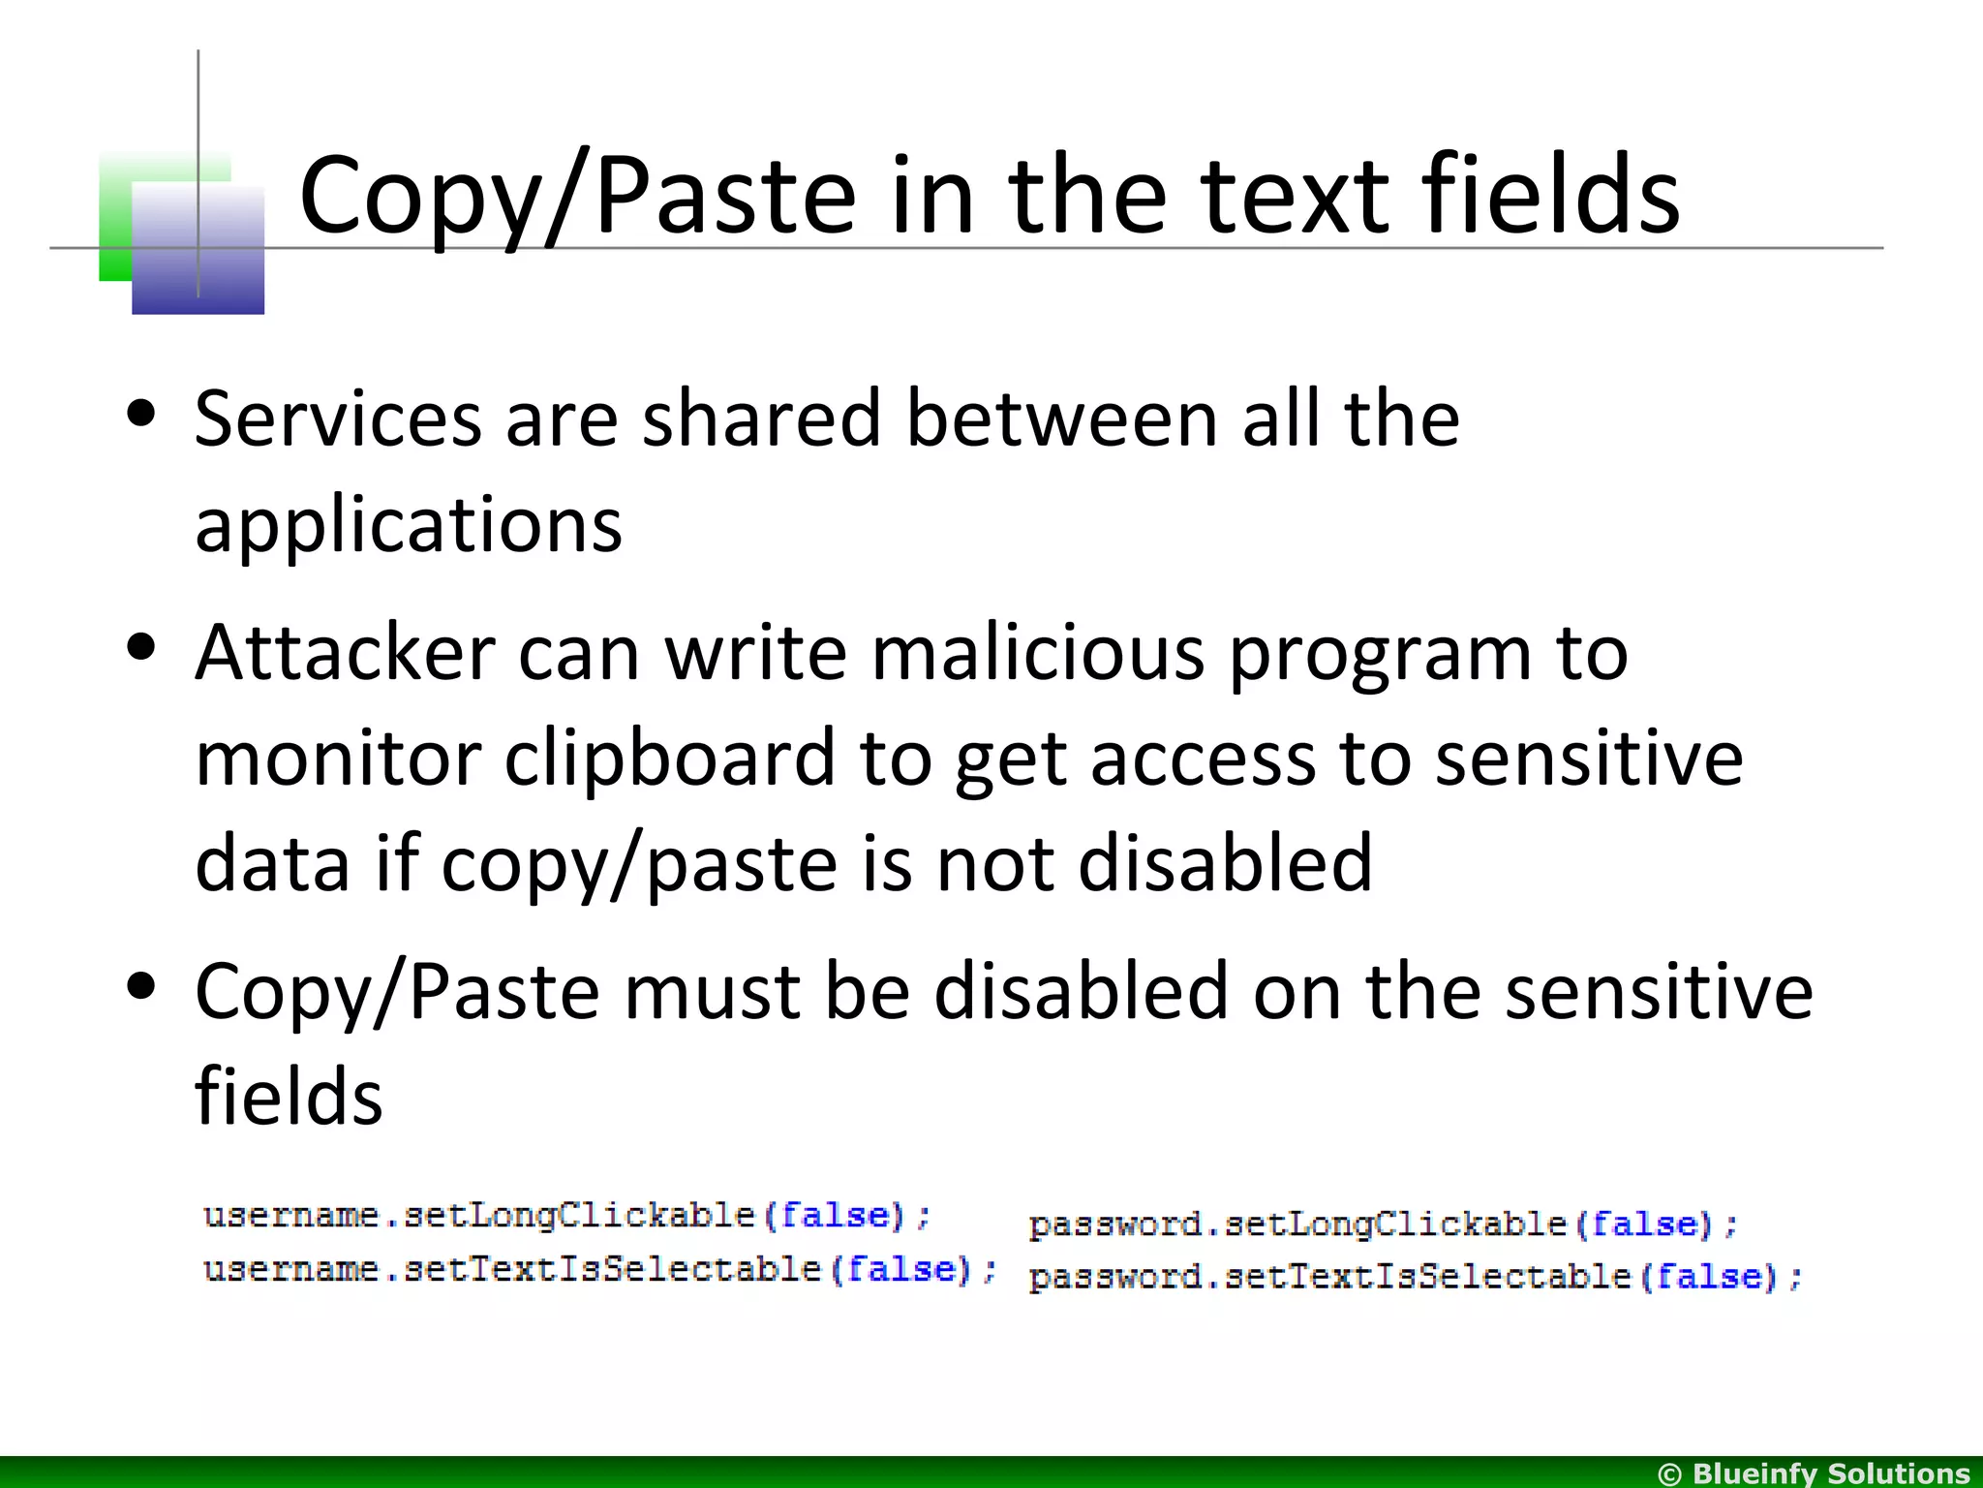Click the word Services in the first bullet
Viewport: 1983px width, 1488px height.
[x=338, y=418]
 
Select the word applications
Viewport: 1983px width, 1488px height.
[x=408, y=526]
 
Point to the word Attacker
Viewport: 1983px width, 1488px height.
[x=345, y=653]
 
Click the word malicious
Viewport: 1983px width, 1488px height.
[x=1038, y=653]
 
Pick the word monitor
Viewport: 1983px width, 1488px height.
[x=338, y=759]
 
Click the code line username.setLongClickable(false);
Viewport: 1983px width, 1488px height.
[x=566, y=1216]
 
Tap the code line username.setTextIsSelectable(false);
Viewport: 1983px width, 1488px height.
[x=599, y=1269]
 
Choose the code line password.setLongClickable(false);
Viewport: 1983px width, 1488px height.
[x=1383, y=1224]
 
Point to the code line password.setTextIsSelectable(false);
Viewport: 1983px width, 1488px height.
[x=1415, y=1277]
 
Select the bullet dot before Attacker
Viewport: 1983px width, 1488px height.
[x=141, y=648]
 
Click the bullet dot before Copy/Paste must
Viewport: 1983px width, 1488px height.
[x=141, y=987]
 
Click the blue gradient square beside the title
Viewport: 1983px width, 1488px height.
[x=198, y=249]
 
